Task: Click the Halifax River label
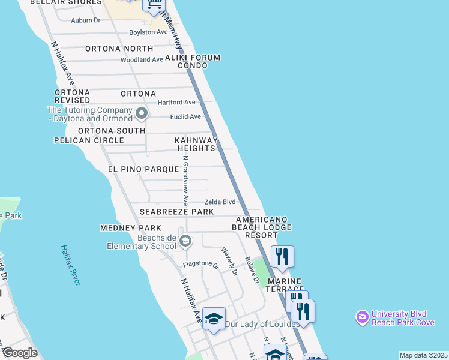70,265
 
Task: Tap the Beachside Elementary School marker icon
185,241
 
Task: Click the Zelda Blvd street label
220,202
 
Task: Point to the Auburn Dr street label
85,20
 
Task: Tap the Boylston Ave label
149,32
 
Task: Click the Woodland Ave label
142,60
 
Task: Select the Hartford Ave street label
176,103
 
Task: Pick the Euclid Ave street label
186,117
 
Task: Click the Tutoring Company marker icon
142,113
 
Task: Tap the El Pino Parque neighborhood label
143,170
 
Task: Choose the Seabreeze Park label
176,212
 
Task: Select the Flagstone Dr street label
200,264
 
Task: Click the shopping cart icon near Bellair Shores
154,5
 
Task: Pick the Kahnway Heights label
195,144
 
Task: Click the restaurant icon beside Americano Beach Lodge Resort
282,256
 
